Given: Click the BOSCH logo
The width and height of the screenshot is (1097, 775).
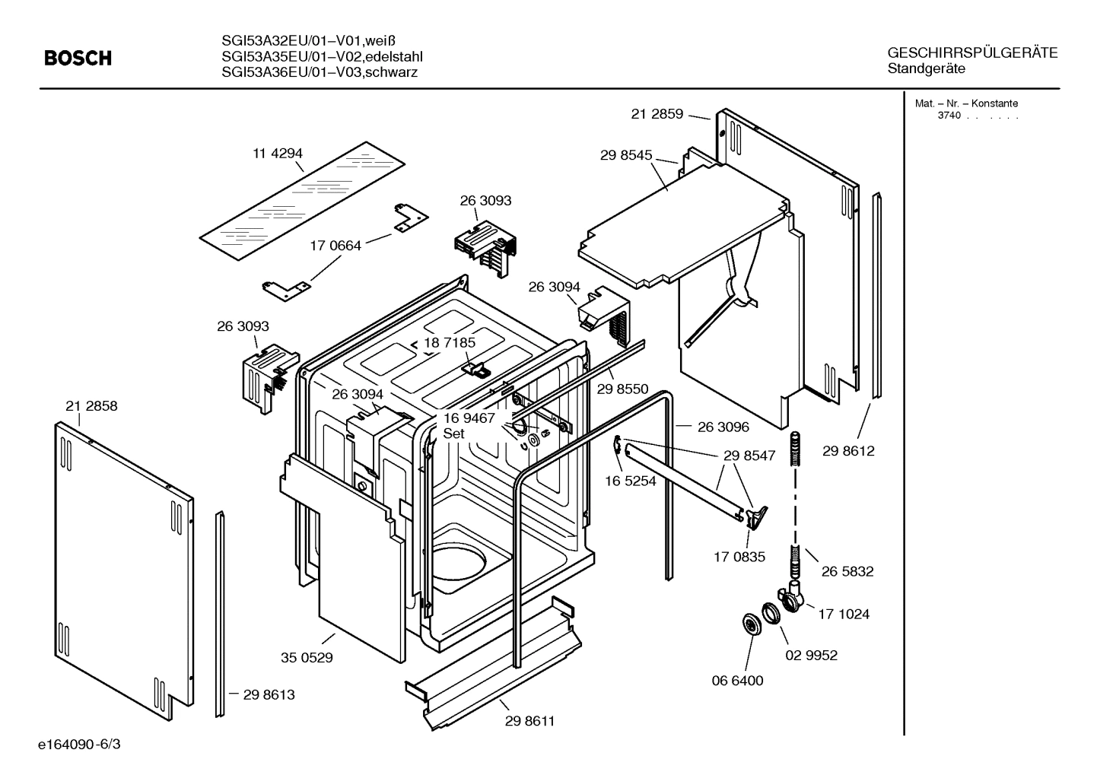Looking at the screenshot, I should point(78,58).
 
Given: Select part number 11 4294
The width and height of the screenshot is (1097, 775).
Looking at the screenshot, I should point(278,153).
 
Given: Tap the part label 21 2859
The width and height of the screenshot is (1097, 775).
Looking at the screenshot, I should point(657,114).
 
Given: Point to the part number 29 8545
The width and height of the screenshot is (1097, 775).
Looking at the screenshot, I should point(626,155).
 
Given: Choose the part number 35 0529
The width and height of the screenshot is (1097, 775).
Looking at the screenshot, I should point(307,657).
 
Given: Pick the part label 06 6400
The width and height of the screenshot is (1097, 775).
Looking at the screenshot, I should point(737,681).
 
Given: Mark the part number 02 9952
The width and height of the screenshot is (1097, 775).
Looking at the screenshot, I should point(811,655).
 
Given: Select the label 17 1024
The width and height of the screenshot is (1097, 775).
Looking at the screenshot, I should point(844,614).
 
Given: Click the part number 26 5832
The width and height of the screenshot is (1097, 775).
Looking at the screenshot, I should point(847,571).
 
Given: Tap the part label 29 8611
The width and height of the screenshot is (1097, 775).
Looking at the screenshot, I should point(529,721).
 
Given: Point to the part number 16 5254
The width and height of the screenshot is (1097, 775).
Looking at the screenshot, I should point(631,481).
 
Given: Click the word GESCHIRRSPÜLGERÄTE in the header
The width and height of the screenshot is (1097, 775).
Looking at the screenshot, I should point(972,53).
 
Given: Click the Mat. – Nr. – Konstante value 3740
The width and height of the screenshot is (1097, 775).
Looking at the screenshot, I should point(949,116).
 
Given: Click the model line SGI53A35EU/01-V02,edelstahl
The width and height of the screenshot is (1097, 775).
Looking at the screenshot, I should point(322,57).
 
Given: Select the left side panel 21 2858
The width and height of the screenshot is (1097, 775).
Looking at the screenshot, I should point(122,563).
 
